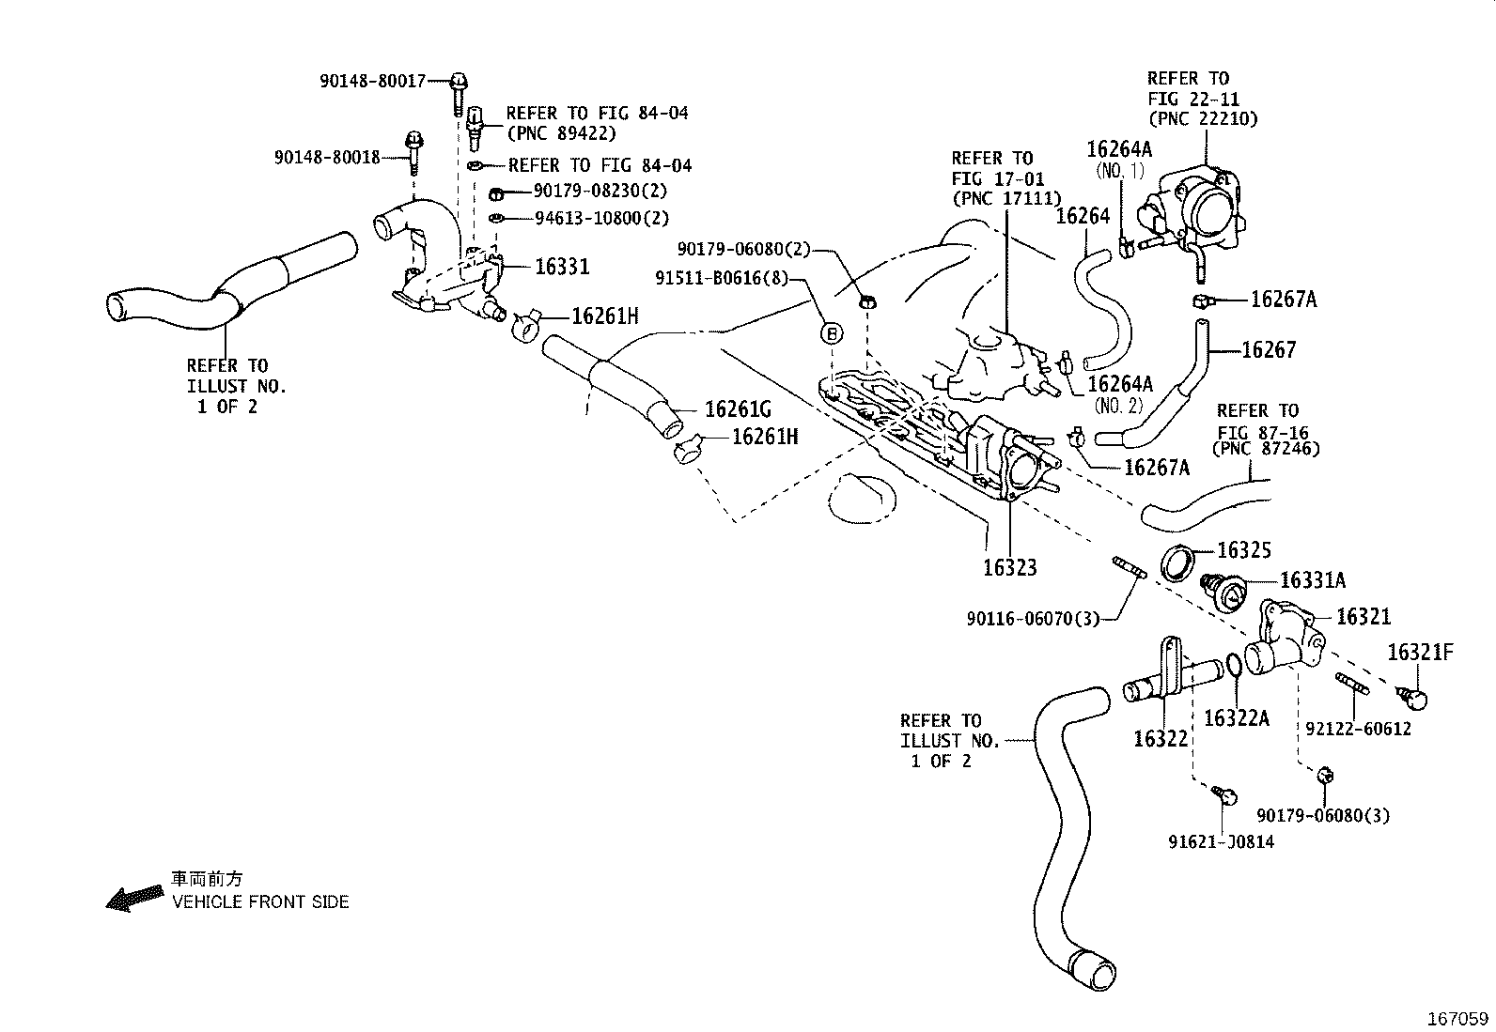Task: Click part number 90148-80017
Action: click(x=372, y=82)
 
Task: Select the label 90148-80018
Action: click(x=327, y=158)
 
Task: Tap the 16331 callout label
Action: click(x=562, y=267)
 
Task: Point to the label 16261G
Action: click(x=738, y=409)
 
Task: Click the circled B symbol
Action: click(x=833, y=332)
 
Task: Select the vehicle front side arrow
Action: click(x=133, y=898)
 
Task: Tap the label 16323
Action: click(x=1009, y=567)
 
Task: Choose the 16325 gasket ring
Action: click(x=1177, y=562)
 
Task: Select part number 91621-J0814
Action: click(x=1221, y=842)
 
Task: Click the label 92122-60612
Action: click(x=1358, y=729)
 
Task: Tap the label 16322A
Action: click(x=1236, y=718)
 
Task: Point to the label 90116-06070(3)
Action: click(x=1032, y=619)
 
